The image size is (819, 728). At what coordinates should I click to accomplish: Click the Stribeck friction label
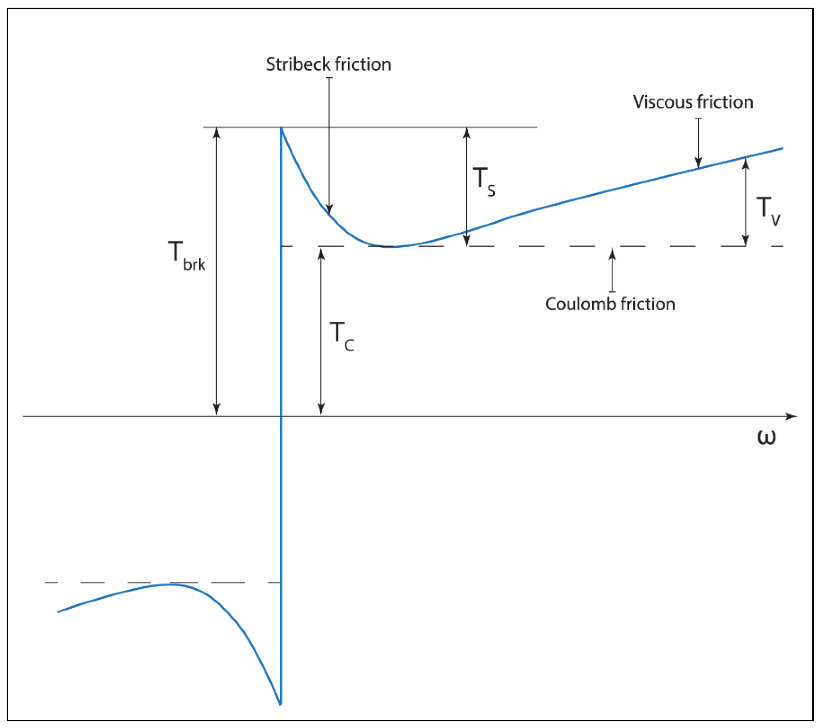pyautogui.click(x=329, y=64)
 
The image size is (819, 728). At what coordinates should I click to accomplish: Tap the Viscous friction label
pyautogui.click(x=693, y=102)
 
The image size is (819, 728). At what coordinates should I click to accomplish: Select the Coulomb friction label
pyautogui.click(x=610, y=304)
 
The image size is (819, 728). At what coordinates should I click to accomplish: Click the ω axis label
pyautogui.click(x=766, y=436)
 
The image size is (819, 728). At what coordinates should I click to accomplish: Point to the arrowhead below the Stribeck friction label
pyautogui.click(x=329, y=209)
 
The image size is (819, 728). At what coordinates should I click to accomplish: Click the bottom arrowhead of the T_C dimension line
pyautogui.click(x=321, y=410)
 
